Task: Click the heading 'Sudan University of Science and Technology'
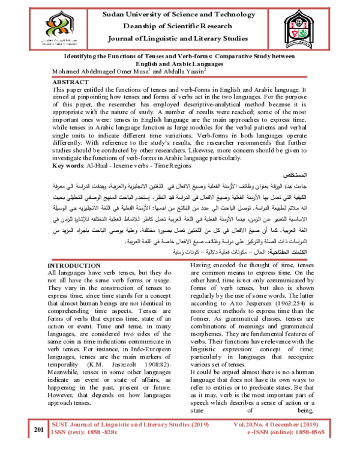(180, 13)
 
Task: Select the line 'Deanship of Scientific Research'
(180, 27)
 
